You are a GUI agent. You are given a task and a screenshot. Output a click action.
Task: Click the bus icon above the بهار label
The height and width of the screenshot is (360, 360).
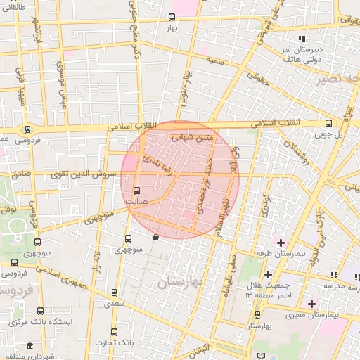[x=173, y=17]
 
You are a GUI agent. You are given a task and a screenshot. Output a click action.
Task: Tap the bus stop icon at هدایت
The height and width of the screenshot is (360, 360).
[x=136, y=190]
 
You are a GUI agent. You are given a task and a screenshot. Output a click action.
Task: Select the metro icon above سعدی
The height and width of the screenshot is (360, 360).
[x=115, y=292]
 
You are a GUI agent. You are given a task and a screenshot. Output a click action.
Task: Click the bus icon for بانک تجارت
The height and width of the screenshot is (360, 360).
[x=115, y=332]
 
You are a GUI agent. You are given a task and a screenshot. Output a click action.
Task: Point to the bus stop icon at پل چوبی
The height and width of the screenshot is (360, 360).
[x=328, y=123]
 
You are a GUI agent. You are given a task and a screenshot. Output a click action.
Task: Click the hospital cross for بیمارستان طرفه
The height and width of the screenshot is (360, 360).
[x=281, y=243]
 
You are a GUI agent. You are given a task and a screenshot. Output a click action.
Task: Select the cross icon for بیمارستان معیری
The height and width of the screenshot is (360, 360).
[x=312, y=304]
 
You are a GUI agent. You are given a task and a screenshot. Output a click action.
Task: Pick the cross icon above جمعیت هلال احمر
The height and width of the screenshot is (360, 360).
[x=267, y=274]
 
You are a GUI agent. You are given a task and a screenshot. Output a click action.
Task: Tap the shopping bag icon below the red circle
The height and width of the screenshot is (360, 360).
[x=155, y=238]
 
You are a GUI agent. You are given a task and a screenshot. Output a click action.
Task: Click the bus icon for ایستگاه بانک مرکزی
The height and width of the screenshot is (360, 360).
[x=39, y=311]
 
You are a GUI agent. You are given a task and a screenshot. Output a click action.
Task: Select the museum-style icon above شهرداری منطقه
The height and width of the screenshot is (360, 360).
[x=30, y=347]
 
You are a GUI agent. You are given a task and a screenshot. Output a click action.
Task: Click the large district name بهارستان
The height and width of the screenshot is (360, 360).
[x=179, y=282]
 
